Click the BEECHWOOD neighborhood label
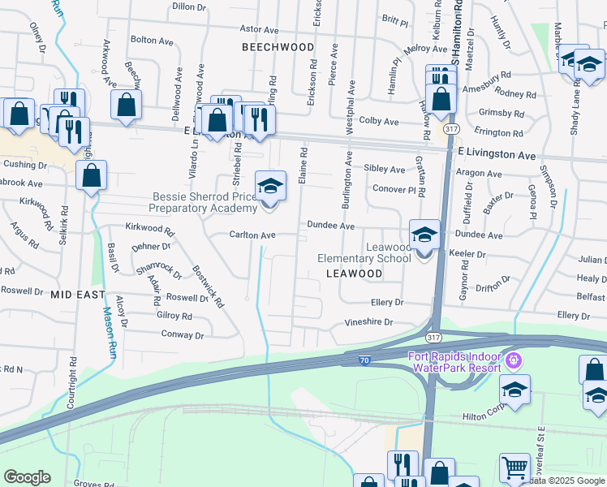(278, 47)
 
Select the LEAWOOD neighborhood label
(354, 274)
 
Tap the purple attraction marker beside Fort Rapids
(512, 360)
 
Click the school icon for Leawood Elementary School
(424, 235)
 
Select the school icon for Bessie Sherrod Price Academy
(270, 187)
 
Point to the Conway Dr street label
(183, 334)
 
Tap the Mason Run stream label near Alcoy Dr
(107, 333)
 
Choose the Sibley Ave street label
(384, 170)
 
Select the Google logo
(27, 477)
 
